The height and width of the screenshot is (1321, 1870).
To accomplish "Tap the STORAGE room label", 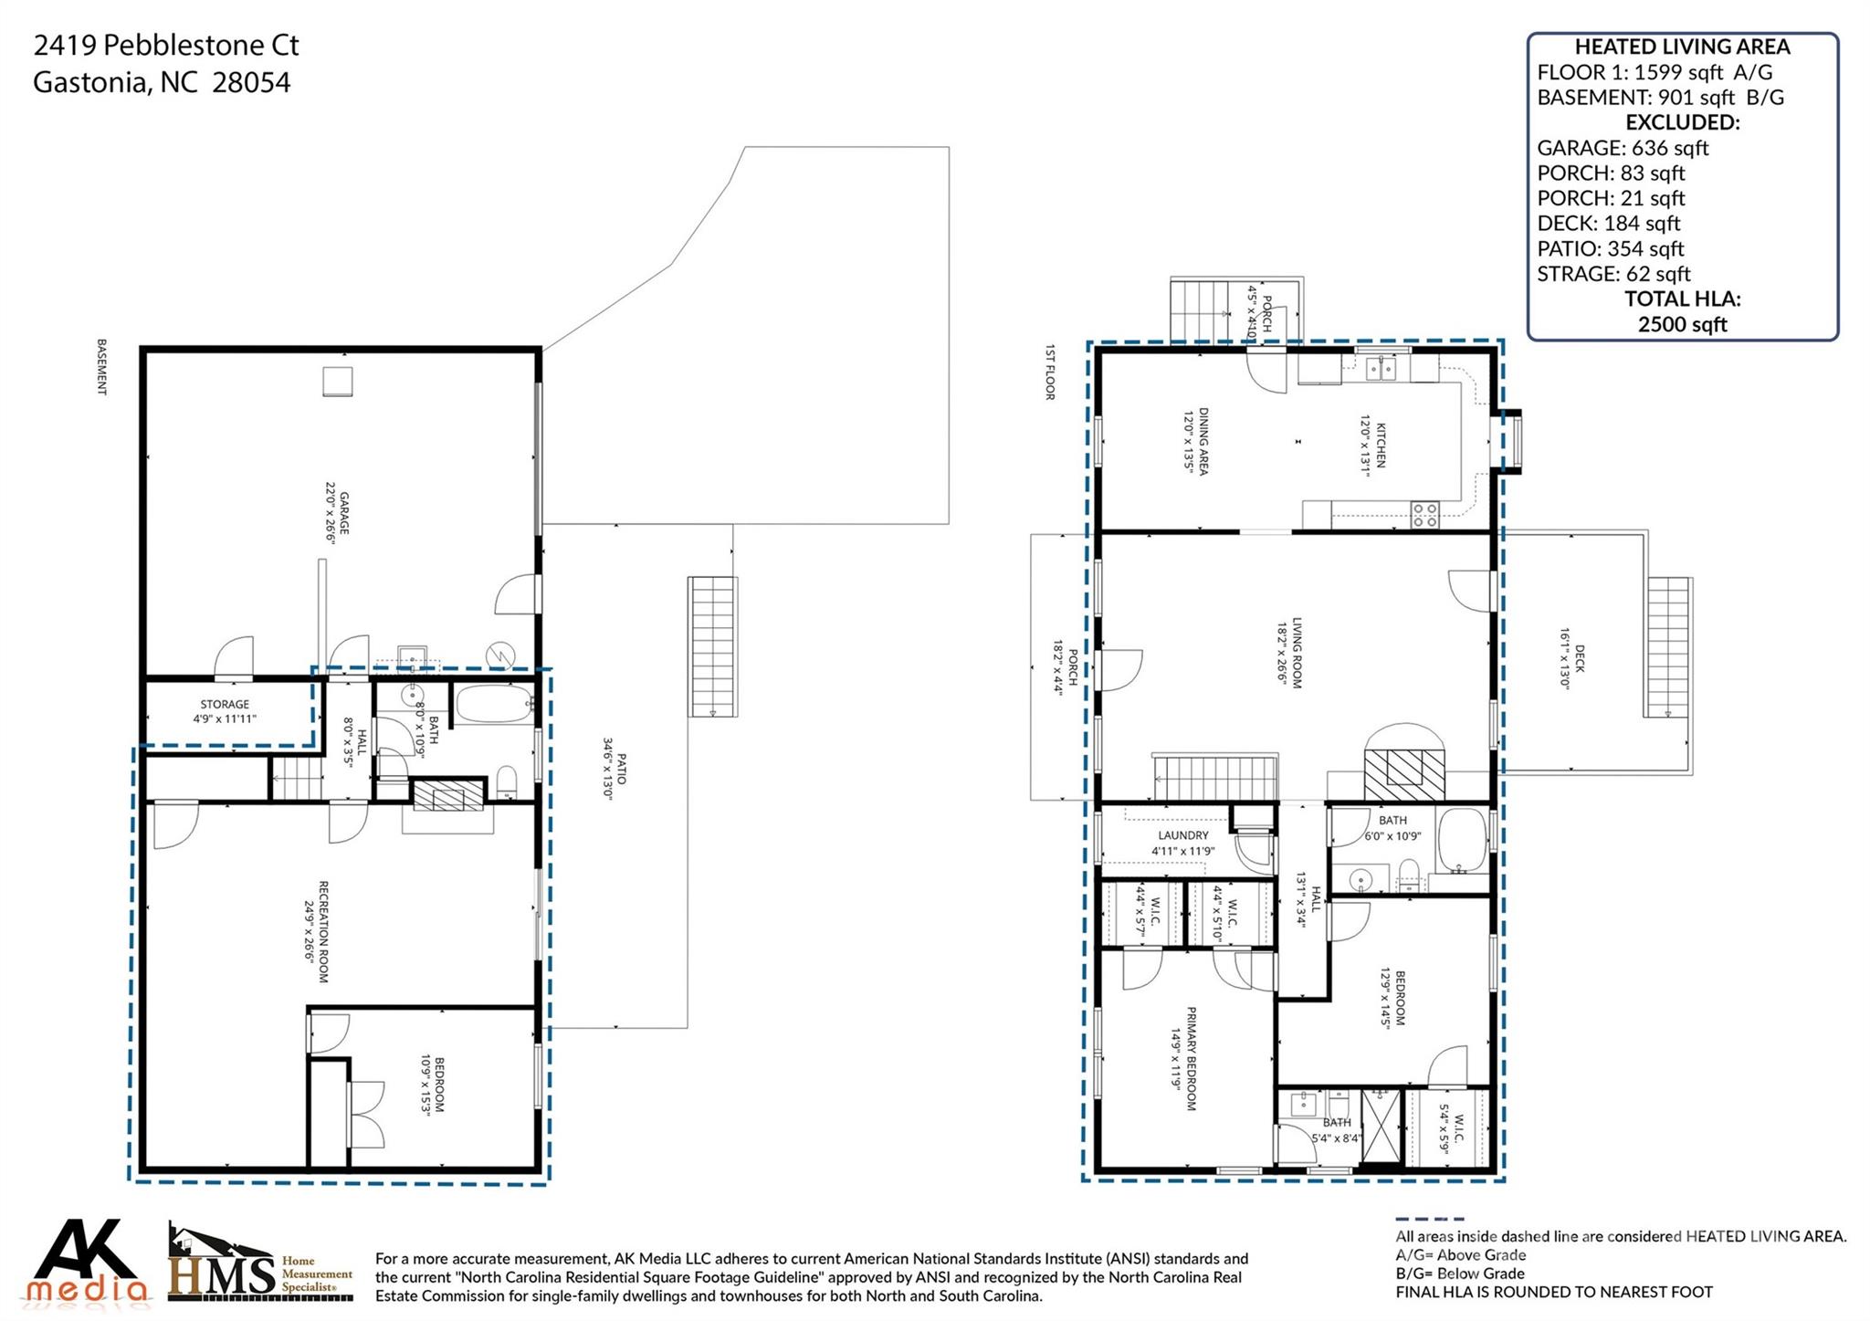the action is point(225,704).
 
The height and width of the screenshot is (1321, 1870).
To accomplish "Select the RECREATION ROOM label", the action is point(322,931).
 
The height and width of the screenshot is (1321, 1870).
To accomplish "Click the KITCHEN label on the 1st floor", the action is point(1381,446).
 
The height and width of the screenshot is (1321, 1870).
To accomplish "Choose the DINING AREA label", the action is point(1203,441).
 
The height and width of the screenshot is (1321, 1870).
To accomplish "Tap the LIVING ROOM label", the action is point(1297,654).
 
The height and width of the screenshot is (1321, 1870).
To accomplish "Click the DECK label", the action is point(1580,657).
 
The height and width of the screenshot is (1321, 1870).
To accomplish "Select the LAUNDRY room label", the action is point(1183,835).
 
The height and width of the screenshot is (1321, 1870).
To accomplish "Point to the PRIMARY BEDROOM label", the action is point(1191,1059).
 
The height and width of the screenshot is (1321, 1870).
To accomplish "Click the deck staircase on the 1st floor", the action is point(1669,647).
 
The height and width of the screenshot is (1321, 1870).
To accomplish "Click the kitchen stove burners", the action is point(1424,515).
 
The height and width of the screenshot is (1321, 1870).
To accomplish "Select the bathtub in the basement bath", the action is point(493,703).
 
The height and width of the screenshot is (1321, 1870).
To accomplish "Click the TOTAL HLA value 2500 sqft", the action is point(1682,324).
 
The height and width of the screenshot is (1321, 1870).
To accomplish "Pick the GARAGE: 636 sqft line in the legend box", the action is point(1623,148).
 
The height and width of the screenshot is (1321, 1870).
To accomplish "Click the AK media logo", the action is point(89,1261).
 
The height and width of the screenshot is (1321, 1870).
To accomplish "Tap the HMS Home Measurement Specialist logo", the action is point(260,1263).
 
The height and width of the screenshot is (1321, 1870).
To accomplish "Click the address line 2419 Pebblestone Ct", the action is point(166,46).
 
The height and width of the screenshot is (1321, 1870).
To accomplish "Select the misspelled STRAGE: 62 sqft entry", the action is point(1613,274).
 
